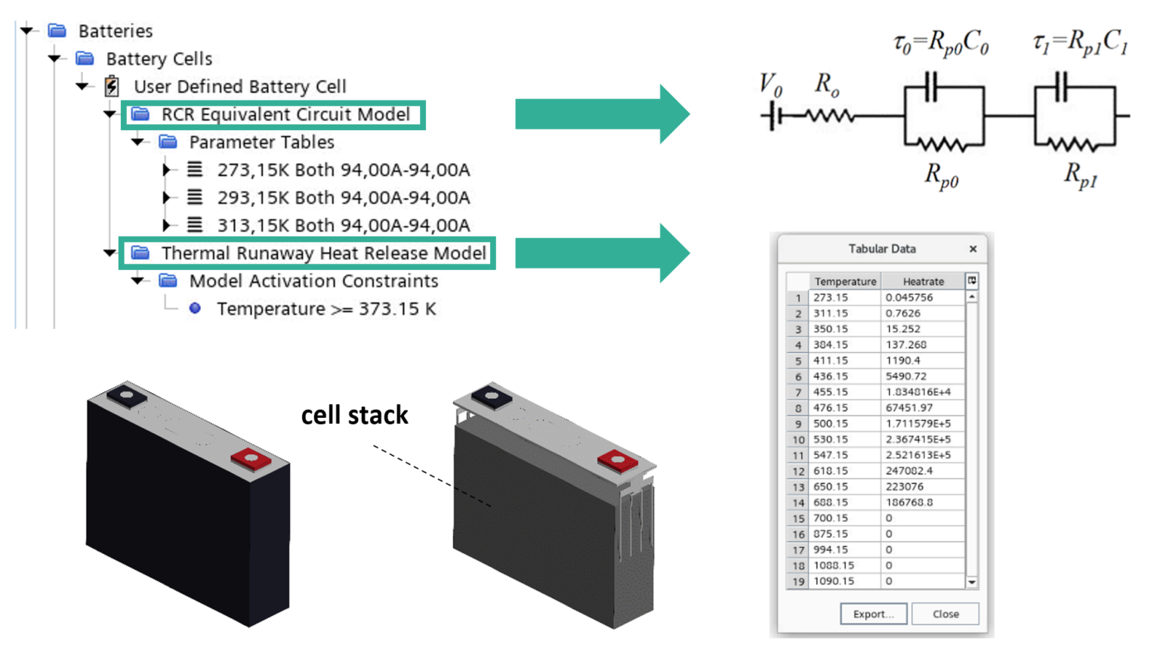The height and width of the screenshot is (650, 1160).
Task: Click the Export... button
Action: tap(873, 614)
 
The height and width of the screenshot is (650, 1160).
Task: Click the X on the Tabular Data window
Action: tap(973, 249)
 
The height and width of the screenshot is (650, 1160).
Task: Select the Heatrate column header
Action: tap(923, 281)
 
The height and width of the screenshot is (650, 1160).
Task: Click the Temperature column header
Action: tap(845, 281)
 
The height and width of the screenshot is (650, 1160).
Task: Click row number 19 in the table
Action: tap(797, 581)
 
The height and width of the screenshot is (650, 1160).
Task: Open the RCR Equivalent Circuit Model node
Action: tap(285, 114)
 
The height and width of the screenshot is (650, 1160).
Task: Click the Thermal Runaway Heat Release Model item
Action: tap(323, 253)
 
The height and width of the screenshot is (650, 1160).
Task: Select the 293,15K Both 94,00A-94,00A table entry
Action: tap(343, 197)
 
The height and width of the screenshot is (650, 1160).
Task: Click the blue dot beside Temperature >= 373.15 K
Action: tap(195, 308)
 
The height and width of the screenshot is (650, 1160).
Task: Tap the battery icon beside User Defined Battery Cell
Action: tap(112, 86)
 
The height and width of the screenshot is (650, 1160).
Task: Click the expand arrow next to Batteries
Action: tap(27, 30)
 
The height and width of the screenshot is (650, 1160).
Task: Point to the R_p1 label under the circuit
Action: tap(1080, 175)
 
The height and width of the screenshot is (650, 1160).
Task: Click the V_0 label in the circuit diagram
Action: tap(770, 84)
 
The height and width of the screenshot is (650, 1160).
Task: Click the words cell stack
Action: tap(354, 415)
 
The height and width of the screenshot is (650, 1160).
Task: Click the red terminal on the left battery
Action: tap(251, 459)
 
